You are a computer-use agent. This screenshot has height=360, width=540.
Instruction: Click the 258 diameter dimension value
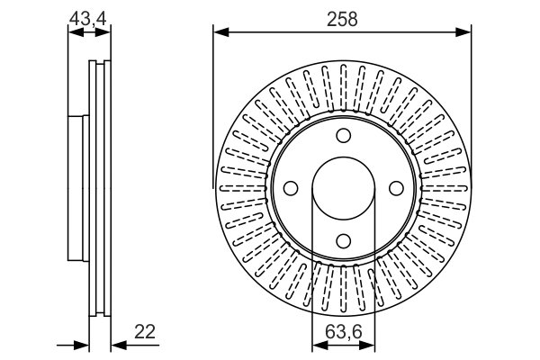[343, 19]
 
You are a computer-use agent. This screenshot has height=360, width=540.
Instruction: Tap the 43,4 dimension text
[89, 18]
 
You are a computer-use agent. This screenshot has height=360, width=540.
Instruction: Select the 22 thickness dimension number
[145, 332]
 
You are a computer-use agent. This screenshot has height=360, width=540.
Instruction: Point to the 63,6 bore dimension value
[343, 332]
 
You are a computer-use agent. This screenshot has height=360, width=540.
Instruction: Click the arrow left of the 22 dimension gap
[82, 344]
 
